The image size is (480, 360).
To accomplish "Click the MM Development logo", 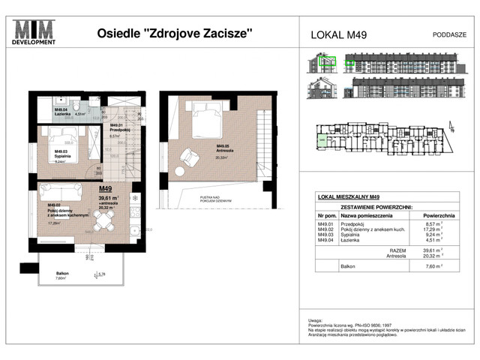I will [35, 33].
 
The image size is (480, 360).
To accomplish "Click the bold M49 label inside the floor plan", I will [106, 190].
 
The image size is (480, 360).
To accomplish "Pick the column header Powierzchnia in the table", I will [426, 213].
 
